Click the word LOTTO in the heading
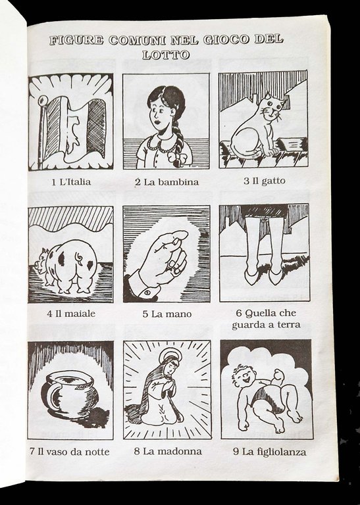(x=165, y=55)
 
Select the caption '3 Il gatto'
(x=263, y=181)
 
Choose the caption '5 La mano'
(x=167, y=314)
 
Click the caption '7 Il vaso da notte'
(x=69, y=452)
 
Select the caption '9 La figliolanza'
(x=265, y=452)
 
